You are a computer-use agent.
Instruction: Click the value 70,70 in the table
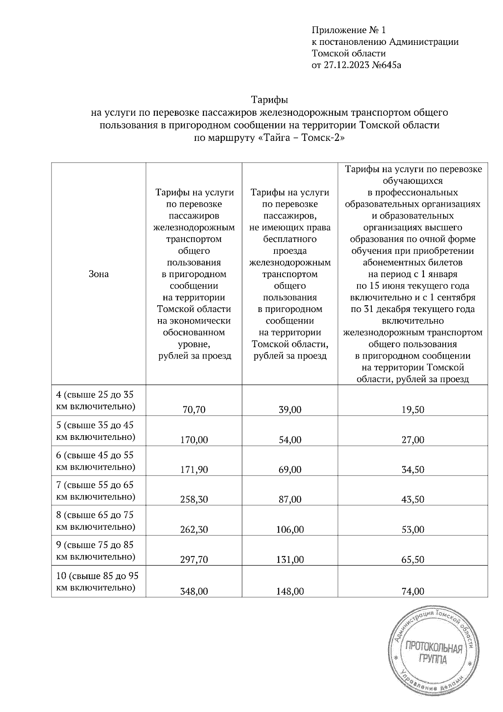click(194, 410)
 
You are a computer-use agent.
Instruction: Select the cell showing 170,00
click(194, 440)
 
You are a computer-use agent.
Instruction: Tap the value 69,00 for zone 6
click(290, 470)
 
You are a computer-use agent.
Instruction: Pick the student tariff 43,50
click(412, 499)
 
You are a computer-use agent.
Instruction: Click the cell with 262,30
click(194, 530)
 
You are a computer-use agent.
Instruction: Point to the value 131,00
click(290, 559)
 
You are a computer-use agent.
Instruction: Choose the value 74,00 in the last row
click(412, 591)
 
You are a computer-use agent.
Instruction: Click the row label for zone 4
click(96, 400)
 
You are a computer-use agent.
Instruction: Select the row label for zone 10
click(97, 582)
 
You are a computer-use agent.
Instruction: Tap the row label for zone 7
click(96, 491)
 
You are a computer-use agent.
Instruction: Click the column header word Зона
click(99, 274)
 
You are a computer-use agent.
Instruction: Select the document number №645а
click(386, 65)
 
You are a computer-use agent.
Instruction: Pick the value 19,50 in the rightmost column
click(412, 410)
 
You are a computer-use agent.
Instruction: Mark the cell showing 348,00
click(194, 591)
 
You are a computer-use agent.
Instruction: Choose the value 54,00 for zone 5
click(290, 440)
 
